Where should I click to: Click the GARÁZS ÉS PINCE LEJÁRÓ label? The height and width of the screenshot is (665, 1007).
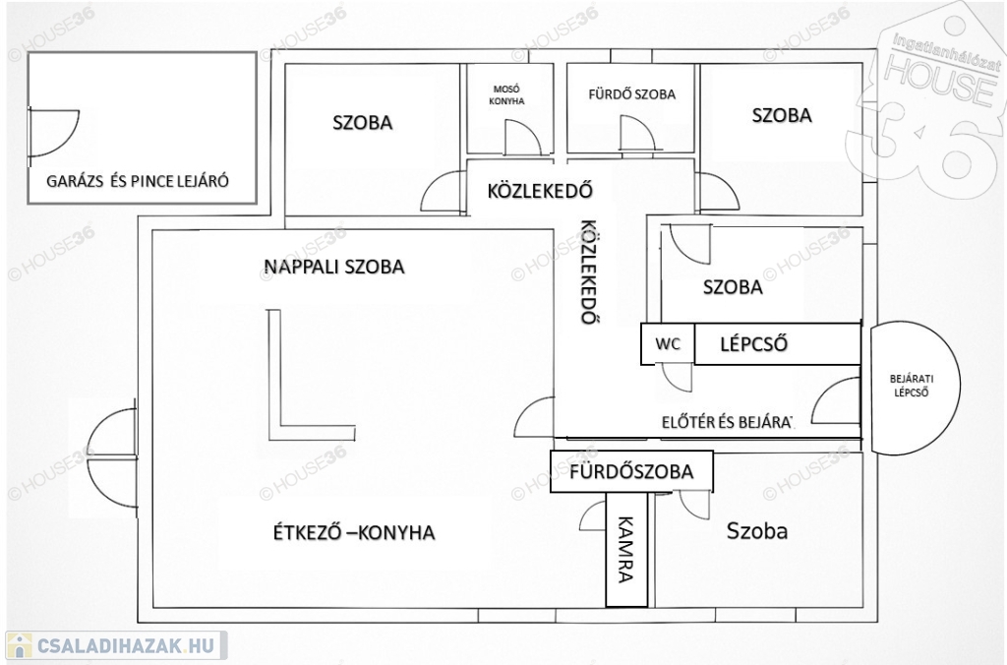pyautogui.click(x=138, y=181)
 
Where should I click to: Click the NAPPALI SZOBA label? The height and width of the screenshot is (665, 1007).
pyautogui.click(x=334, y=267)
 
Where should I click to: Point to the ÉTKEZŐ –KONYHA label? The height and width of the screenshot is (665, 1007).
pyautogui.click(x=354, y=532)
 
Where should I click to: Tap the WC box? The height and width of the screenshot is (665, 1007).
pyautogui.click(x=668, y=344)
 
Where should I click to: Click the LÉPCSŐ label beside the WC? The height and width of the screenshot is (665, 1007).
pyautogui.click(x=756, y=344)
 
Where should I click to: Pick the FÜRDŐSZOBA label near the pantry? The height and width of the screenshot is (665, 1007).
pyautogui.click(x=631, y=472)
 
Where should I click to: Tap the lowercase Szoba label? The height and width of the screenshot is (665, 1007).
pyautogui.click(x=757, y=531)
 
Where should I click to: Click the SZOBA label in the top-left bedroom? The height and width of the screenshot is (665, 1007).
pyautogui.click(x=362, y=123)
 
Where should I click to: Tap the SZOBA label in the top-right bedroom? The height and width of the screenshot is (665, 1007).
pyautogui.click(x=782, y=115)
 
